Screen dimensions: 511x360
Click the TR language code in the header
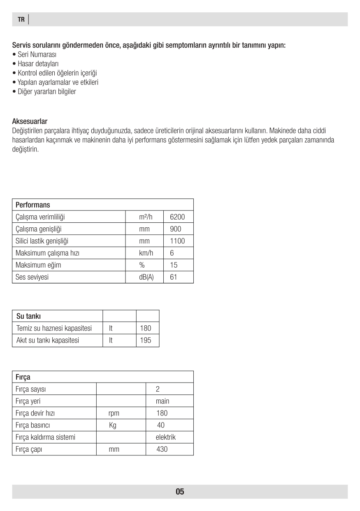pyautogui.click(x=21, y=19)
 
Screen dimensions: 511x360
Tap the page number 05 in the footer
pyautogui.click(x=180, y=492)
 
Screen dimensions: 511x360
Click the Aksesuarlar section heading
pyautogui.click(x=30, y=121)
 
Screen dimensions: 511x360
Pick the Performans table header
pyautogui.click(x=33, y=205)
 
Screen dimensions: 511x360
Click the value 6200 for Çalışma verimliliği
pyautogui.click(x=177, y=217)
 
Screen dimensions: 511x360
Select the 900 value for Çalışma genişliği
pyautogui.click(x=175, y=229)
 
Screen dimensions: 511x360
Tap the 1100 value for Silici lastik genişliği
pyautogui.click(x=177, y=241)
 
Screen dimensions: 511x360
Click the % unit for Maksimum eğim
pyautogui.click(x=144, y=265)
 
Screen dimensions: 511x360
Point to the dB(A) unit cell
pyautogui.click(x=146, y=277)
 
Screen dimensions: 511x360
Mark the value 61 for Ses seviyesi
pyautogui.click(x=173, y=277)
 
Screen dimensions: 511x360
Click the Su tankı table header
pyautogui.click(x=28, y=316)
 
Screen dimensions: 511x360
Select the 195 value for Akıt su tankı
pyautogui.click(x=146, y=340)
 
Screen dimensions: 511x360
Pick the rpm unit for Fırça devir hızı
pyautogui.click(x=114, y=413)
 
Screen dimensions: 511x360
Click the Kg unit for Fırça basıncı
pyautogui.click(x=113, y=425)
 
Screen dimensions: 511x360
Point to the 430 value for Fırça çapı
pyautogui.click(x=162, y=449)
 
